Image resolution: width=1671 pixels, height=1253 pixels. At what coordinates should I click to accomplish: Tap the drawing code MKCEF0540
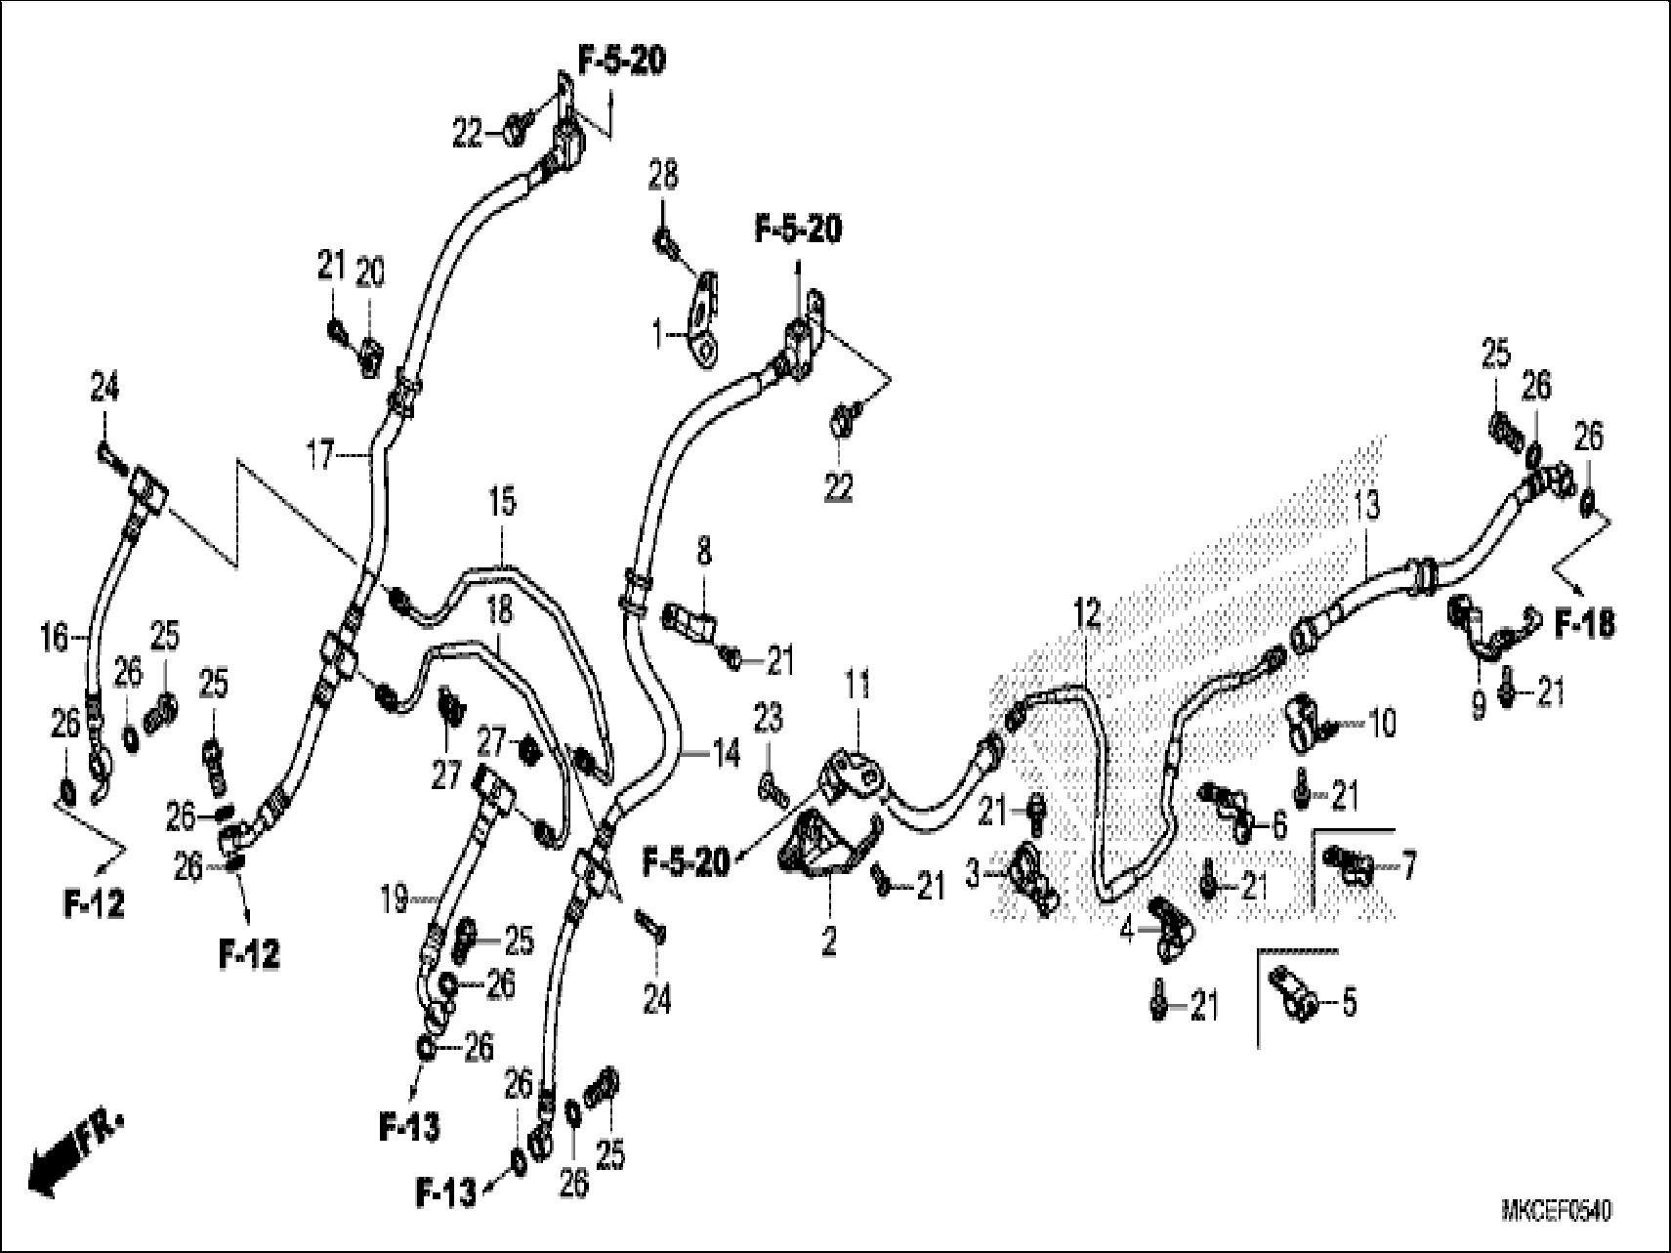(1556, 1212)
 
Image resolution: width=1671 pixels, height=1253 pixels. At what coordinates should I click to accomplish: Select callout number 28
(663, 178)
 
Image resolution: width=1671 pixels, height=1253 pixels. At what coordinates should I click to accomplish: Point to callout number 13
(1366, 505)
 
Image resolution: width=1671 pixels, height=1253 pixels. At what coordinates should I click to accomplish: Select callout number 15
(502, 503)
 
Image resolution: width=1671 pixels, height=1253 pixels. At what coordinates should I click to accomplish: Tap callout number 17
(321, 454)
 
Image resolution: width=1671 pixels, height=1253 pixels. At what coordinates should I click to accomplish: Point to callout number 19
(393, 899)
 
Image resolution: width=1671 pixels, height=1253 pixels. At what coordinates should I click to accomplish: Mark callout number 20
(370, 274)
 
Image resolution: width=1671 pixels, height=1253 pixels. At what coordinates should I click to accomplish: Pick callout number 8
(703, 552)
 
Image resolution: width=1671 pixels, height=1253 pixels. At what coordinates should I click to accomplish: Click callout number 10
(1381, 724)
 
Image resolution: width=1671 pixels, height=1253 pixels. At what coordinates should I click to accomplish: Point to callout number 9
(1478, 702)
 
